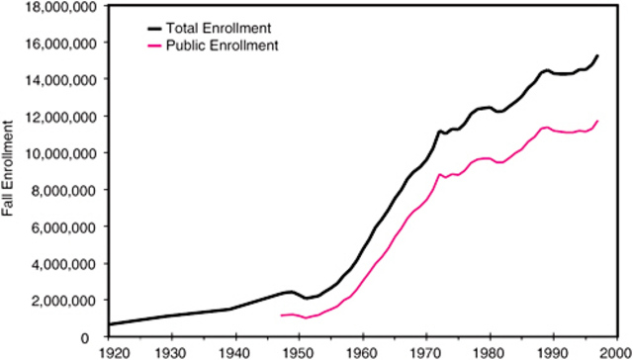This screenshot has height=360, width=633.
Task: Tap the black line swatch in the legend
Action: click(133, 28)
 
